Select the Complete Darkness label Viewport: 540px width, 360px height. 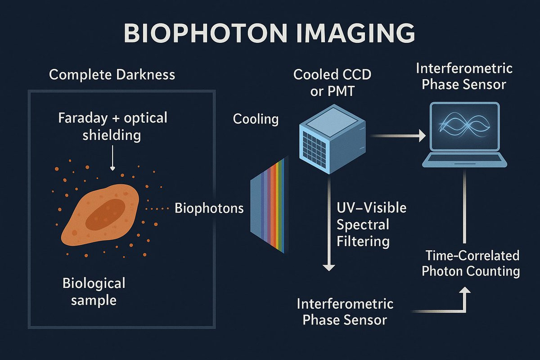click(112, 74)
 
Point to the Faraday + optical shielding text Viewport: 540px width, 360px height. click(112, 126)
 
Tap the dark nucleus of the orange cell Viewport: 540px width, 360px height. click(105, 213)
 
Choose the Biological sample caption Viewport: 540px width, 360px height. click(94, 292)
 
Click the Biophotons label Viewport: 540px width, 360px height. click(209, 208)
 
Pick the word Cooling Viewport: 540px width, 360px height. click(256, 119)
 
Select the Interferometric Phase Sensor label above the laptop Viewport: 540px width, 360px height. click(464, 76)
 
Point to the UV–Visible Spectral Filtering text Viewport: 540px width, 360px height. click(371, 225)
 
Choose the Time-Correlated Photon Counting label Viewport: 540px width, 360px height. click(472, 264)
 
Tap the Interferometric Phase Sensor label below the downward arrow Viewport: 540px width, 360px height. click(345, 311)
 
